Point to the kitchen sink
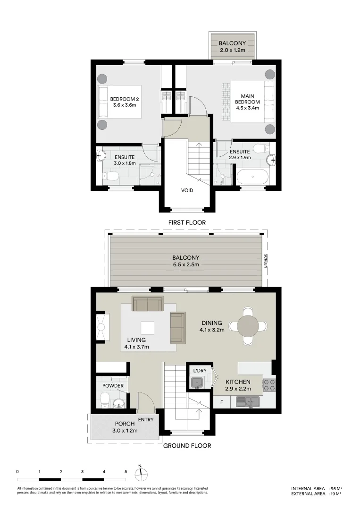coord(248,402)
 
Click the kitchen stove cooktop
coord(268,385)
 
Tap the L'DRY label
coord(199,371)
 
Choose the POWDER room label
coord(113,386)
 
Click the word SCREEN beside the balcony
coord(265,261)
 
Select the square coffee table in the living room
coord(148,327)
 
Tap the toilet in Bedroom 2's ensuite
coord(111,177)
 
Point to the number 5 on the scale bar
coord(126,471)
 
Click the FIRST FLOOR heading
coord(187,222)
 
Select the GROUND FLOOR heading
coord(187,445)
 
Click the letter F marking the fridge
coord(221,402)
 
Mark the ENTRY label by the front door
coord(145,419)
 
